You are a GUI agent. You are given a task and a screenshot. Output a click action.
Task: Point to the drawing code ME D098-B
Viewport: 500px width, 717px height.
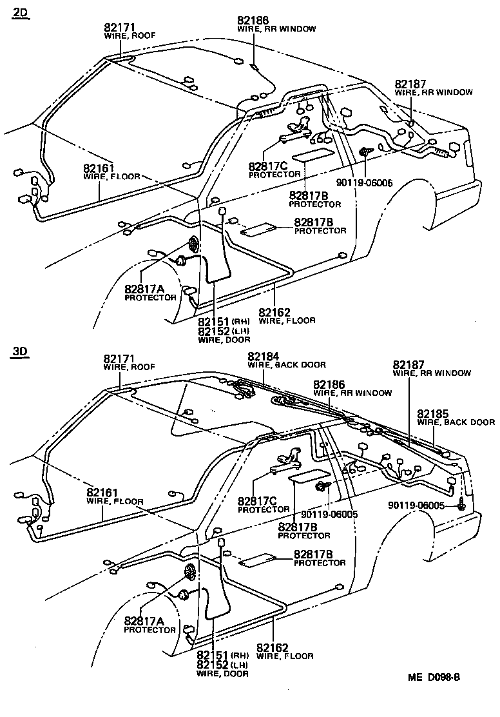434,677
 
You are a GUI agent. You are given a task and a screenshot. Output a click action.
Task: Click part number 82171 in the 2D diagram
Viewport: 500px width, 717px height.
120,28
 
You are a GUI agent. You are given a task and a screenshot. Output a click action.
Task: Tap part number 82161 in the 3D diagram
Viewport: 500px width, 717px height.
103,493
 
